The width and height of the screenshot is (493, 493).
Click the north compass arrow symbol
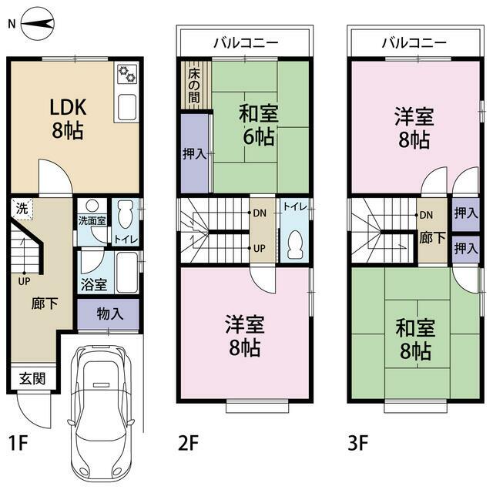[38, 24]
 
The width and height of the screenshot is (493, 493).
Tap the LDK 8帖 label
[68, 119]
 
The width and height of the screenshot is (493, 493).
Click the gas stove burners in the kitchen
[127, 74]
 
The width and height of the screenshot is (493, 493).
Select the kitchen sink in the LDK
[127, 107]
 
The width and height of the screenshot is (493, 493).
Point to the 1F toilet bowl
[125, 214]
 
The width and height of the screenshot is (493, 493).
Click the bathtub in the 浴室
[126, 273]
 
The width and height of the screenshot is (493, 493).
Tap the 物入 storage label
[110, 314]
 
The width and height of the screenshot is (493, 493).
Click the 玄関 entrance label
[32, 378]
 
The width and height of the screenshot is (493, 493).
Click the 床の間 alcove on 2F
[194, 86]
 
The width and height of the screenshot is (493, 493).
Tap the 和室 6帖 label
[259, 125]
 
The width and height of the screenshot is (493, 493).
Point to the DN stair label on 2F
[260, 213]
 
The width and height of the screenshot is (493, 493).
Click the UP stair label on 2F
[260, 248]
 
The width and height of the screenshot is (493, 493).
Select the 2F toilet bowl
[295, 245]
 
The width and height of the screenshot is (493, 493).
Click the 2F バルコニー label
[246, 43]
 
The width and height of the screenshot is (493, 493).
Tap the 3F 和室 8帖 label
[415, 339]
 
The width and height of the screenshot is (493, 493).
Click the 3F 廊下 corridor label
[432, 238]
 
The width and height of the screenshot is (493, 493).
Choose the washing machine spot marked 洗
[22, 209]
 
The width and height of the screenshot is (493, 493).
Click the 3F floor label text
[357, 443]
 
